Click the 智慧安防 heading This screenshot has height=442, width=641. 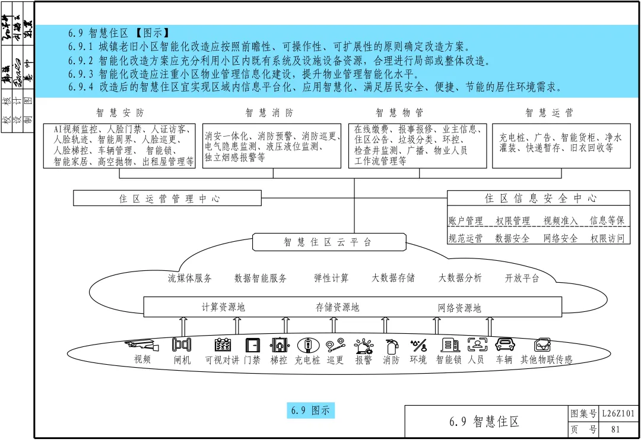pos(119,112)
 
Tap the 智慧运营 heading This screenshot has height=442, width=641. pos(549,112)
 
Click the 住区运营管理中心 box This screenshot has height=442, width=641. pos(167,198)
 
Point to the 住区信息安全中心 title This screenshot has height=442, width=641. pos(541,198)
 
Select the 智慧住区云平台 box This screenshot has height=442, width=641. pos(328,242)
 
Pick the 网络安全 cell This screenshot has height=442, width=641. pos(560,238)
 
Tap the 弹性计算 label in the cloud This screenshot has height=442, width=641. pos(331,277)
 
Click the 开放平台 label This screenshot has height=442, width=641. pos(522,277)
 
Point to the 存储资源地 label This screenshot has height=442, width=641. pos(337,307)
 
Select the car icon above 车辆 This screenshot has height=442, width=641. pos(504,344)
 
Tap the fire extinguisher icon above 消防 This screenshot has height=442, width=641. pos(391,345)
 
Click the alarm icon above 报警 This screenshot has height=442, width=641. pos(363,345)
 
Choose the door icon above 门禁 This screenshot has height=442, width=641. pos(252,345)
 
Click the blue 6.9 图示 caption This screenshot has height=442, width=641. pos(310,410)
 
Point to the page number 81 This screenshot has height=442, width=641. pos(615,429)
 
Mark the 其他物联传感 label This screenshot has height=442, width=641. pos(546,359)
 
